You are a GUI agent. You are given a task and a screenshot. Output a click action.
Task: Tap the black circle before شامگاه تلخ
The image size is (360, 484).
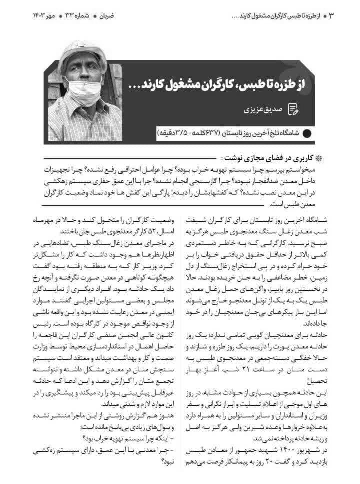pos(306,134)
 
